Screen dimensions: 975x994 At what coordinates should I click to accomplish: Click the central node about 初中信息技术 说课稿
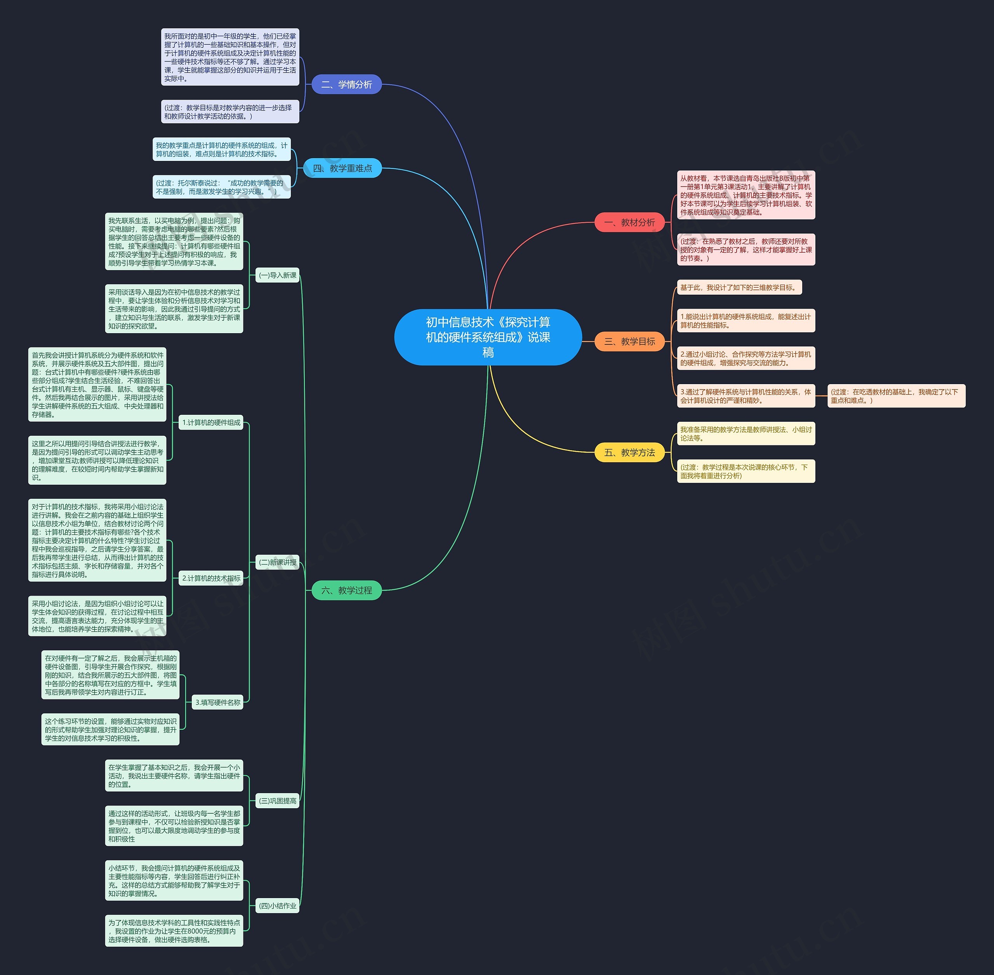[488, 337]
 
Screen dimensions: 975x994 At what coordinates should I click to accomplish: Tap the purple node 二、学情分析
[346, 84]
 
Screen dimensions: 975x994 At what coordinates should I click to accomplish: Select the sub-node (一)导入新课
[277, 275]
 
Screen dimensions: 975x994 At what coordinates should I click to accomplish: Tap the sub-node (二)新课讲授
[277, 562]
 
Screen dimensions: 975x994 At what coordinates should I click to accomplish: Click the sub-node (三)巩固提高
[277, 801]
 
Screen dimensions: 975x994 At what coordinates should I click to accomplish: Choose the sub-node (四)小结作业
[277, 906]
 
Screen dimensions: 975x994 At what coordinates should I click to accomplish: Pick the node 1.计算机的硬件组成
[211, 423]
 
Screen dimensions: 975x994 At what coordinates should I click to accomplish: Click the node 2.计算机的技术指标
[211, 578]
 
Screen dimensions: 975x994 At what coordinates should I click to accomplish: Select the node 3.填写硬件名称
[217, 702]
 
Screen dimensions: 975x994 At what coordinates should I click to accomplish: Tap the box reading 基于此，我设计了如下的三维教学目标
[739, 287]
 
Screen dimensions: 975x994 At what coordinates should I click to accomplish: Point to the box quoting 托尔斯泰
[221, 187]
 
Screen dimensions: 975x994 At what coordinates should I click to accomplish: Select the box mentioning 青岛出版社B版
[745, 195]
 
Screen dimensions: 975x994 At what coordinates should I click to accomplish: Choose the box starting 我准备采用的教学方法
[745, 434]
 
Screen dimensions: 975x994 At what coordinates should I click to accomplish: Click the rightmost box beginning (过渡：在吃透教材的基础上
[896, 396]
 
